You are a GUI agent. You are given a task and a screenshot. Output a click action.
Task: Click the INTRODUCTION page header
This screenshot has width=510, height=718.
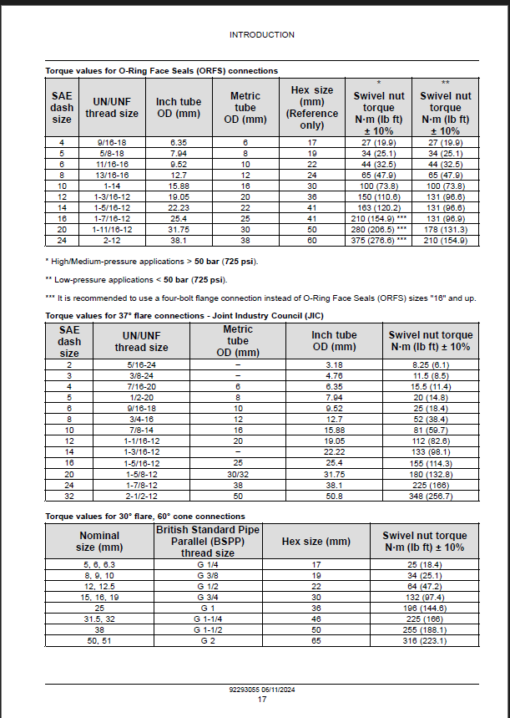click(261, 35)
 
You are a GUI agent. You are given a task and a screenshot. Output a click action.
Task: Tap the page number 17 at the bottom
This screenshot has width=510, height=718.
click(261, 700)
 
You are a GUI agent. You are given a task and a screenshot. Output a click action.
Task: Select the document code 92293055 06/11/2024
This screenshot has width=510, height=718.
click(261, 690)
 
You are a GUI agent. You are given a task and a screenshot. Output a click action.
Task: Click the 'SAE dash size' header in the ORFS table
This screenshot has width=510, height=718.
click(62, 108)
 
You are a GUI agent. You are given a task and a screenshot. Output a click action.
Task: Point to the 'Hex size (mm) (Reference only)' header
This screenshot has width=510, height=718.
click(311, 107)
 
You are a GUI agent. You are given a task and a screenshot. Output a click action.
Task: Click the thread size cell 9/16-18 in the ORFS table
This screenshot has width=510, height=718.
click(111, 143)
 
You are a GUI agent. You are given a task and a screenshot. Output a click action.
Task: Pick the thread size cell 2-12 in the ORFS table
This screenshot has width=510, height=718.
click(111, 240)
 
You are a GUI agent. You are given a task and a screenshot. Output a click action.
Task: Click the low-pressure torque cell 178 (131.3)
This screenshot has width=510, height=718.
click(445, 229)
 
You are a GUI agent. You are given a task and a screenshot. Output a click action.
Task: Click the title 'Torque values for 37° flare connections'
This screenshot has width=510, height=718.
click(184, 315)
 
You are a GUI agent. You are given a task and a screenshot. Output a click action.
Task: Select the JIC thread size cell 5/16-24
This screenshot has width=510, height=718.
click(140, 365)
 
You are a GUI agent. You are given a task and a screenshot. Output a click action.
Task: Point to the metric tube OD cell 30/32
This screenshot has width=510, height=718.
click(238, 474)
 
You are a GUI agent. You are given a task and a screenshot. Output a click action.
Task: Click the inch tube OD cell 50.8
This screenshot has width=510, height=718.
click(334, 496)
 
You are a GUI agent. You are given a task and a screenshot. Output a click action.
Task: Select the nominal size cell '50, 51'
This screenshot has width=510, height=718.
click(98, 641)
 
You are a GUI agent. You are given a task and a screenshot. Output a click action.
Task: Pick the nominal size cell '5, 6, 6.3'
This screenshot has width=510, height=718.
click(98, 565)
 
